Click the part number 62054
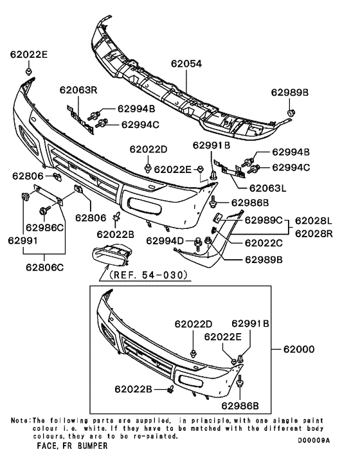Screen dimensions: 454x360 [x=186, y=65]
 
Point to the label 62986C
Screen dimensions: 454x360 [x=45, y=228]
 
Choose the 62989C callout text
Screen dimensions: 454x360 [x=264, y=221]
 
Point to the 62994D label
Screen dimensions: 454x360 [x=166, y=241]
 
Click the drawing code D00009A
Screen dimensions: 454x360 [x=313, y=440]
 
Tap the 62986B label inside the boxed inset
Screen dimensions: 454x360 [x=240, y=405]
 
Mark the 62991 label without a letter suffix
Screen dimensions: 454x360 [x=22, y=241]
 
